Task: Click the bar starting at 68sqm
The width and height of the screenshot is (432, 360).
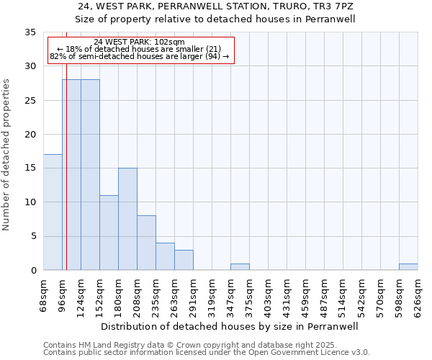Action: click(x=53, y=212)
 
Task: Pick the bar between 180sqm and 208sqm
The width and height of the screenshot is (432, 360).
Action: click(x=127, y=219)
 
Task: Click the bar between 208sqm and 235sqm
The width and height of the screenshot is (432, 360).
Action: click(x=146, y=243)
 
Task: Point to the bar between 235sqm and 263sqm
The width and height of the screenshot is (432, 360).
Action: click(x=165, y=256)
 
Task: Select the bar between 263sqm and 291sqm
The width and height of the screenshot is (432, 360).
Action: click(x=184, y=260)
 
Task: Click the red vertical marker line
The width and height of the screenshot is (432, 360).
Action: click(x=66, y=180)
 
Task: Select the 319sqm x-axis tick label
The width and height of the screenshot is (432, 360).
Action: click(x=212, y=295)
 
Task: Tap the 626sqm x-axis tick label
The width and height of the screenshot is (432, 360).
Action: click(x=418, y=295)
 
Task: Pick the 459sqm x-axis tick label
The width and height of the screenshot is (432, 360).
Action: click(x=306, y=295)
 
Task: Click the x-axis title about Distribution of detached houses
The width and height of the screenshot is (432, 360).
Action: click(x=228, y=326)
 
